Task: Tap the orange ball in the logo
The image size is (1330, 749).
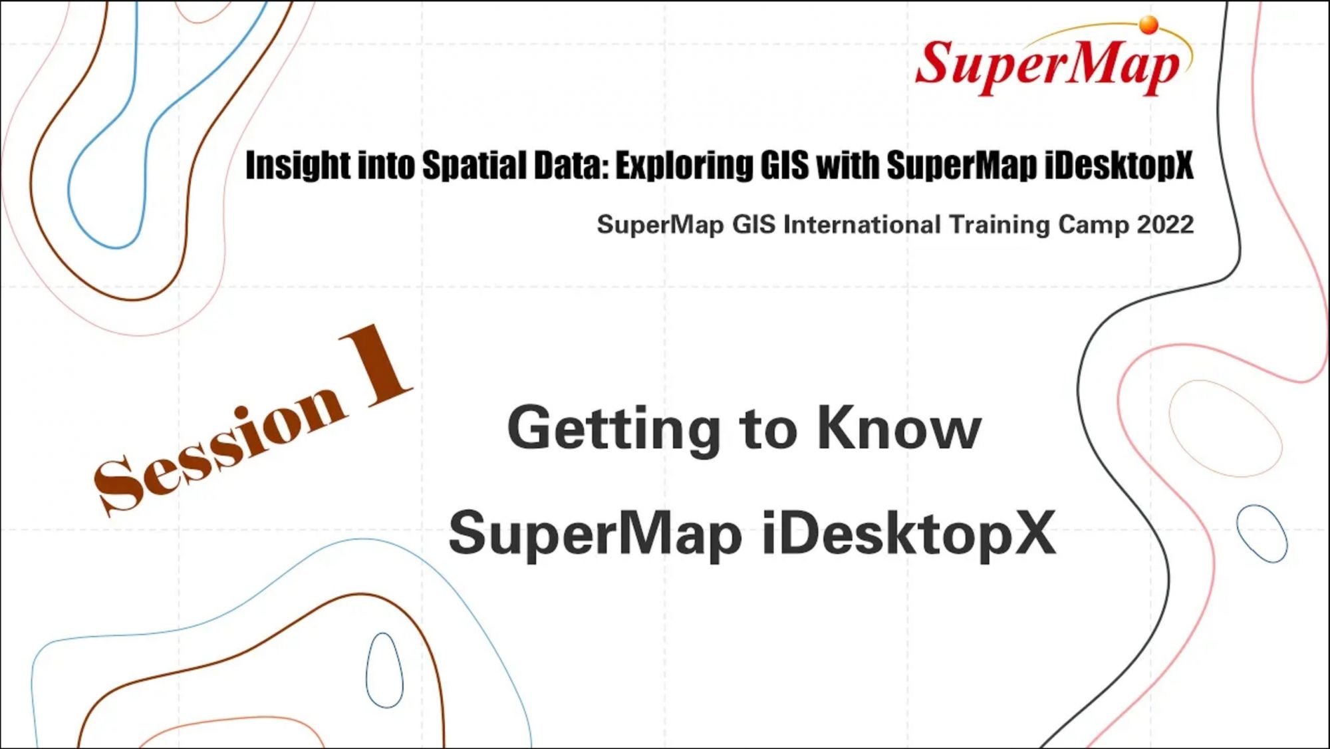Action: click(x=1148, y=25)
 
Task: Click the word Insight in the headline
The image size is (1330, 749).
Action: click(x=298, y=166)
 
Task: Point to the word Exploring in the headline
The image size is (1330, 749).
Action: click(x=684, y=166)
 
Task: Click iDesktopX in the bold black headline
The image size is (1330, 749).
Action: click(x=1119, y=165)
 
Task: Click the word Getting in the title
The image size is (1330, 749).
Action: click(x=614, y=430)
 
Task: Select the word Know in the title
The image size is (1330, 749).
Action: click(x=899, y=428)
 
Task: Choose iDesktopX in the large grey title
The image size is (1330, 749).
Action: click(x=909, y=533)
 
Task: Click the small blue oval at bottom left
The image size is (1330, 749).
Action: click(x=384, y=671)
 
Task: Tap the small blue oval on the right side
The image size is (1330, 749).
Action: click(x=1262, y=533)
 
